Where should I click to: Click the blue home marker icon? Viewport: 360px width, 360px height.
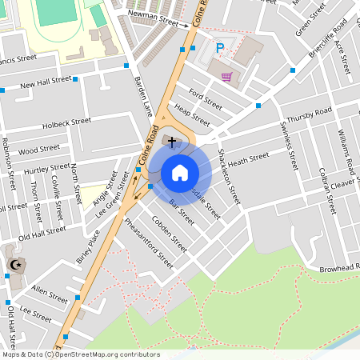tap(180, 172)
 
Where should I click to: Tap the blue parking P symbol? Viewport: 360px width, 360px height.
tap(220, 50)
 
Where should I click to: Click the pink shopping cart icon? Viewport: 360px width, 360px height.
tap(227, 77)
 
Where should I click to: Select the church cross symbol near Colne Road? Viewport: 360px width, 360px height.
tap(171, 141)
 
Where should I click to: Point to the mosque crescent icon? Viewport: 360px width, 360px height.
tap(13, 264)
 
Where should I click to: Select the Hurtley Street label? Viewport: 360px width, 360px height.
tap(47, 170)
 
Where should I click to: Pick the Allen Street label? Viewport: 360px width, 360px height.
tap(50, 295)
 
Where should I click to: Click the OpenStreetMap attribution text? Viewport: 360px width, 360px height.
tap(80, 354)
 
